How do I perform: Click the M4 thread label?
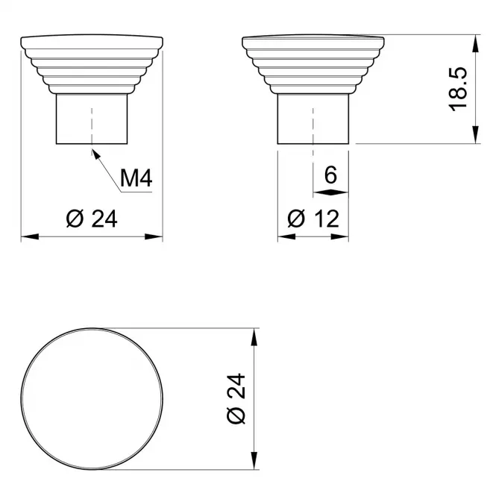(x=136, y=178)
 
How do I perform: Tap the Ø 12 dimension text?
(x=313, y=219)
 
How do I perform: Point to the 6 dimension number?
(x=330, y=175)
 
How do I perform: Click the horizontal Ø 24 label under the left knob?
(x=92, y=219)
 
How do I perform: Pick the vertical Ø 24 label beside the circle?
(x=236, y=398)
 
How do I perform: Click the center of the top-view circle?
(x=92, y=398)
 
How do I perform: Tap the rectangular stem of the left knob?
(x=92, y=119)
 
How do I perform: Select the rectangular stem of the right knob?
(x=313, y=119)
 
